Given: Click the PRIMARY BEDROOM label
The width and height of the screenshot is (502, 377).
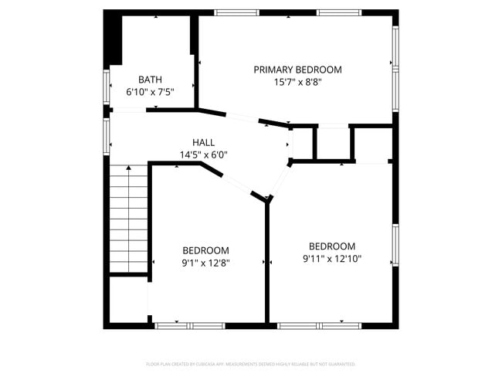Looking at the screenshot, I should tap(297, 70).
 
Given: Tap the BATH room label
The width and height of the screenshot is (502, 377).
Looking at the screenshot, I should tap(150, 80).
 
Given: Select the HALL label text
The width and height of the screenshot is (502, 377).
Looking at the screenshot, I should tap(203, 142).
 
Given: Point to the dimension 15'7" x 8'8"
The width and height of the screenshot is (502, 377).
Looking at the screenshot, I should tap(297, 82).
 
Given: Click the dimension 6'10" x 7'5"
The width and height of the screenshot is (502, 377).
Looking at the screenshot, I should tap(150, 92).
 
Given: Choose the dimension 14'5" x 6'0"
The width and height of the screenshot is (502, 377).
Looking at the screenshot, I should tap(203, 155).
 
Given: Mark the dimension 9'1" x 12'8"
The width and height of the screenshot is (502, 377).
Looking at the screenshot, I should tap(205, 262).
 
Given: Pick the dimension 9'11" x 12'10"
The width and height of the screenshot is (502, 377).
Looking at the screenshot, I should tap(332, 259).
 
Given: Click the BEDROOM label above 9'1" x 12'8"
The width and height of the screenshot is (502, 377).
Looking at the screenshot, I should tap(205, 250).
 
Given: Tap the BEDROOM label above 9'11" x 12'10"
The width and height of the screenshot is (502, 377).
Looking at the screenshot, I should tap(332, 246).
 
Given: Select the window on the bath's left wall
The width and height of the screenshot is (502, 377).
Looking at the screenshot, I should tap(107, 86).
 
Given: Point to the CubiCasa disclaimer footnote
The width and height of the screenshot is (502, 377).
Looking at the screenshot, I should tap(251, 363).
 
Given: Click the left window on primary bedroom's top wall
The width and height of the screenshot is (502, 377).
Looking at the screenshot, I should tap(236, 12).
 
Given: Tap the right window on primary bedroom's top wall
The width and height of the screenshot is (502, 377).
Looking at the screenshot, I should tap(339, 12).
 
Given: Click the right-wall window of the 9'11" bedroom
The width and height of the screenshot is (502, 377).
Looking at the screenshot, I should tap(395, 246).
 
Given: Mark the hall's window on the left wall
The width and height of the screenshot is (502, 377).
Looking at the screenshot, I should tap(107, 135).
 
